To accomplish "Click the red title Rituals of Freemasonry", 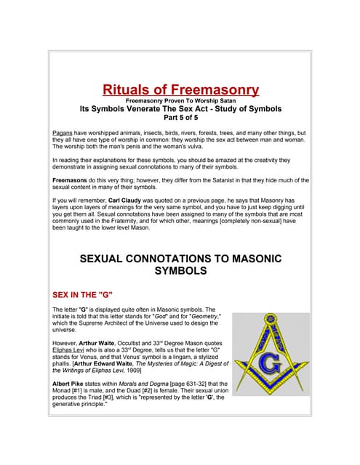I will click(180, 90).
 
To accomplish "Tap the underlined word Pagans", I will click(63, 134).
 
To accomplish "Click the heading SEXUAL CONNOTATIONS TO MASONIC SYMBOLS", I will click(180, 264).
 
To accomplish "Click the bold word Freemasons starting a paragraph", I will click(74, 179).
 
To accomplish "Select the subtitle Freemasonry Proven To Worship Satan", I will click(180, 100).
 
